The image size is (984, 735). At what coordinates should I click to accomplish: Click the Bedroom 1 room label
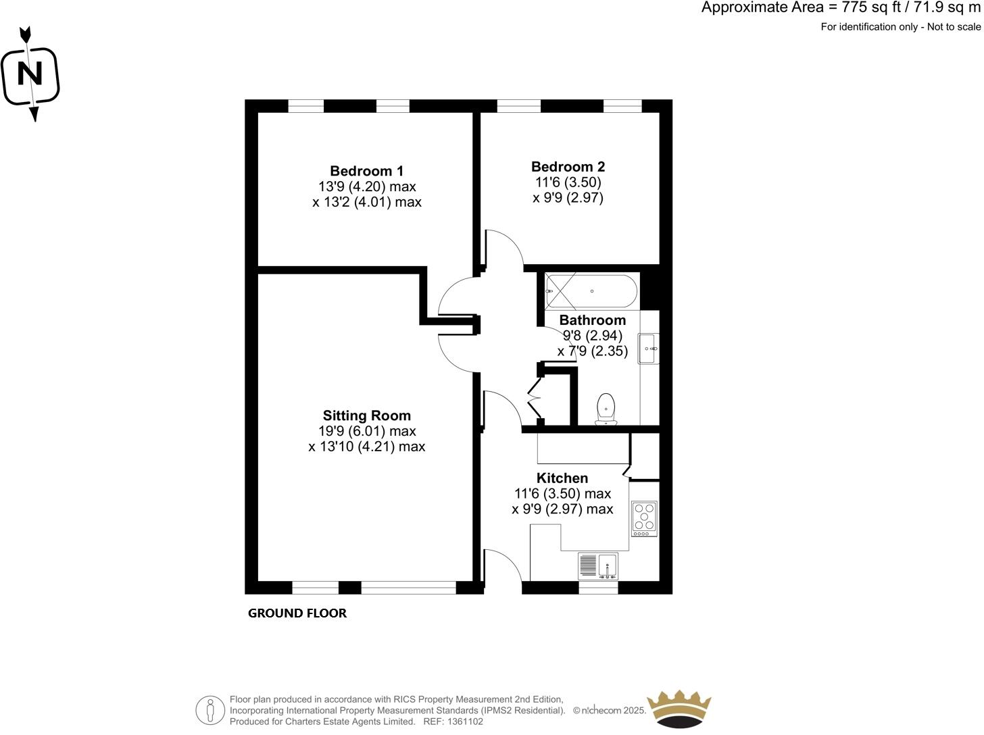tap(366, 171)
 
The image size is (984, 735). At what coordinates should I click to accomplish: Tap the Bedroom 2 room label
tap(568, 167)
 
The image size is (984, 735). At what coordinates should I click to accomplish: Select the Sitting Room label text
tap(366, 415)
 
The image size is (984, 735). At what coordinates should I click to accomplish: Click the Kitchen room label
tap(562, 478)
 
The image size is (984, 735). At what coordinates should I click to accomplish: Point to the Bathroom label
tap(592, 320)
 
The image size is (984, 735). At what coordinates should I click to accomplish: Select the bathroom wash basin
tap(648, 349)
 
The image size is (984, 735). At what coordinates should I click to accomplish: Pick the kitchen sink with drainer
tap(598, 566)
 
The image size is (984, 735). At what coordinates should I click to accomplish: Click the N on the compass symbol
tap(29, 74)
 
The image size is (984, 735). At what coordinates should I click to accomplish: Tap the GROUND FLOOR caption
tap(297, 613)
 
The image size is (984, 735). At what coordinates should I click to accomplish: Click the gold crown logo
tap(679, 709)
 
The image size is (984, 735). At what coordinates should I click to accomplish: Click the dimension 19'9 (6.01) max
tap(367, 431)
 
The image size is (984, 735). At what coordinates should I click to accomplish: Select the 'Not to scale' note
tap(954, 27)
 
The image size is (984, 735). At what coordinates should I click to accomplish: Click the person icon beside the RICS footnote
tap(210, 711)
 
